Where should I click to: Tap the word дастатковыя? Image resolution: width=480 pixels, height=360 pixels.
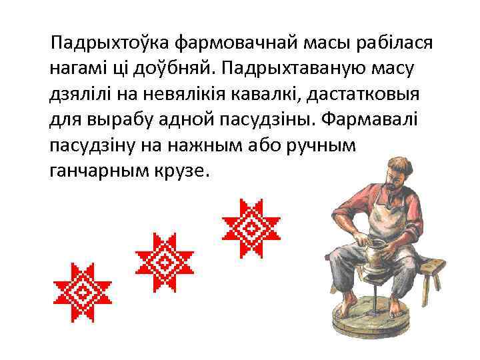(x=372, y=95)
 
